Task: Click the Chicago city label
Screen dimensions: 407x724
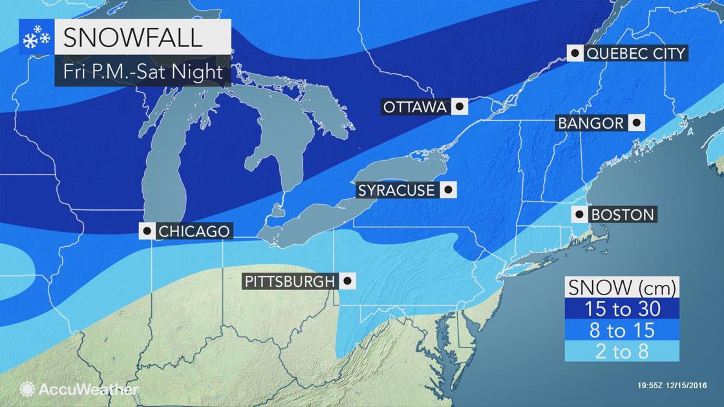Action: pyautogui.click(x=193, y=231)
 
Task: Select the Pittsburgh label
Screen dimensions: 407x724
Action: pyautogui.click(x=290, y=281)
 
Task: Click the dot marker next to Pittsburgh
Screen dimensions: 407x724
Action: pyautogui.click(x=348, y=281)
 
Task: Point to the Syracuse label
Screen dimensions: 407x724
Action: pyautogui.click(x=396, y=191)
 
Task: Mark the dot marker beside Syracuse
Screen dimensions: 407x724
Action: pyautogui.click(x=448, y=191)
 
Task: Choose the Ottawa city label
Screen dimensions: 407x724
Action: pyautogui.click(x=415, y=107)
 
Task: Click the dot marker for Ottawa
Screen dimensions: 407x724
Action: pyautogui.click(x=460, y=107)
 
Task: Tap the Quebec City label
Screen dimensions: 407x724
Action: pyautogui.click(x=635, y=53)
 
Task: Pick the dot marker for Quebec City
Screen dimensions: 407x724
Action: pyautogui.click(x=575, y=53)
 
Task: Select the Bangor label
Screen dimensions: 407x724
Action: pyautogui.click(x=591, y=123)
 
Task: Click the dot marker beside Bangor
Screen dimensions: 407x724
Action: pyautogui.click(x=637, y=123)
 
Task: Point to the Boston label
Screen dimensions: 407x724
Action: pyautogui.click(x=622, y=214)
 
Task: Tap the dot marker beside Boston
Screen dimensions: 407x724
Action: pyautogui.click(x=579, y=214)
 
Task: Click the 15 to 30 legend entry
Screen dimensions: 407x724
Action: pyautogui.click(x=623, y=309)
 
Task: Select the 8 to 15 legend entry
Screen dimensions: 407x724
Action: pyautogui.click(x=623, y=330)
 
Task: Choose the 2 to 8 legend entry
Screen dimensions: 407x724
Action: pyautogui.click(x=623, y=351)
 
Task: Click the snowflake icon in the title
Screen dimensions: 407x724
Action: pyautogui.click(x=36, y=38)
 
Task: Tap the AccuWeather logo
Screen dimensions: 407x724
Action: pyautogui.click(x=80, y=390)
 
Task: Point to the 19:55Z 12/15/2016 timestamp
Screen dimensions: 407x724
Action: pyautogui.click(x=672, y=386)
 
